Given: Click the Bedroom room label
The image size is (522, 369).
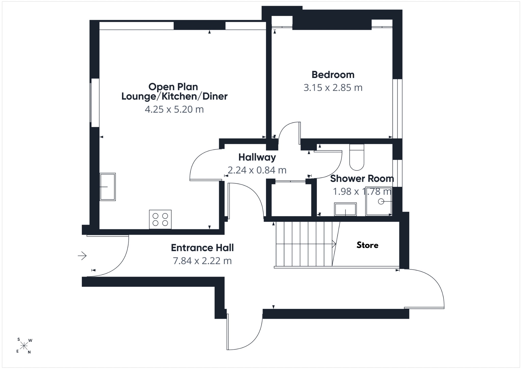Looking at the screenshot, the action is [333, 75].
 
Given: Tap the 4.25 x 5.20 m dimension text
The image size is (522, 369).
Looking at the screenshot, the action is [174, 109].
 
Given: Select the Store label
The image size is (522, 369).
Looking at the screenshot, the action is [367, 245].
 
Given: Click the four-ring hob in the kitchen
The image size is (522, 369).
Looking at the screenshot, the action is [160, 219].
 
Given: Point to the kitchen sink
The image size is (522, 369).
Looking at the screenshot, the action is [108, 187].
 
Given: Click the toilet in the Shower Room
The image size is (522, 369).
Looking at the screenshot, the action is [357, 157].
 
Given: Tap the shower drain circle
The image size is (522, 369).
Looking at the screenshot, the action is [381, 202].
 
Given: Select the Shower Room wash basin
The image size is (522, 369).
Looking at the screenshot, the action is [345, 209].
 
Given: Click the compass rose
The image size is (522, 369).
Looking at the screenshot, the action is [24, 346].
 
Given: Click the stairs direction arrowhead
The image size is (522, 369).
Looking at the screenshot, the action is [334, 244].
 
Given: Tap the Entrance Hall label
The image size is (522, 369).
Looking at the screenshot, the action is [202, 248].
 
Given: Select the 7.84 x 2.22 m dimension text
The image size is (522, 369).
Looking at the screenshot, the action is [202, 261].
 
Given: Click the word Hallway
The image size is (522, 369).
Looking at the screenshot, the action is [257, 157].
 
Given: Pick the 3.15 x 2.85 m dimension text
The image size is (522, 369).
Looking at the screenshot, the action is [333, 88].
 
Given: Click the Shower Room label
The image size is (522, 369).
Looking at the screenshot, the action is [362, 178].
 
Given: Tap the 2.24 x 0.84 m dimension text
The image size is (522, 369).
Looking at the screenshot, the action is [257, 170].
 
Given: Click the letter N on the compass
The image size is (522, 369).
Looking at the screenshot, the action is [29, 352].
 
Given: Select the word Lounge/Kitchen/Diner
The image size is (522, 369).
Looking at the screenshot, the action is [174, 96].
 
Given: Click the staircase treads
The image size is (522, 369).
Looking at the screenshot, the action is [304, 244].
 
